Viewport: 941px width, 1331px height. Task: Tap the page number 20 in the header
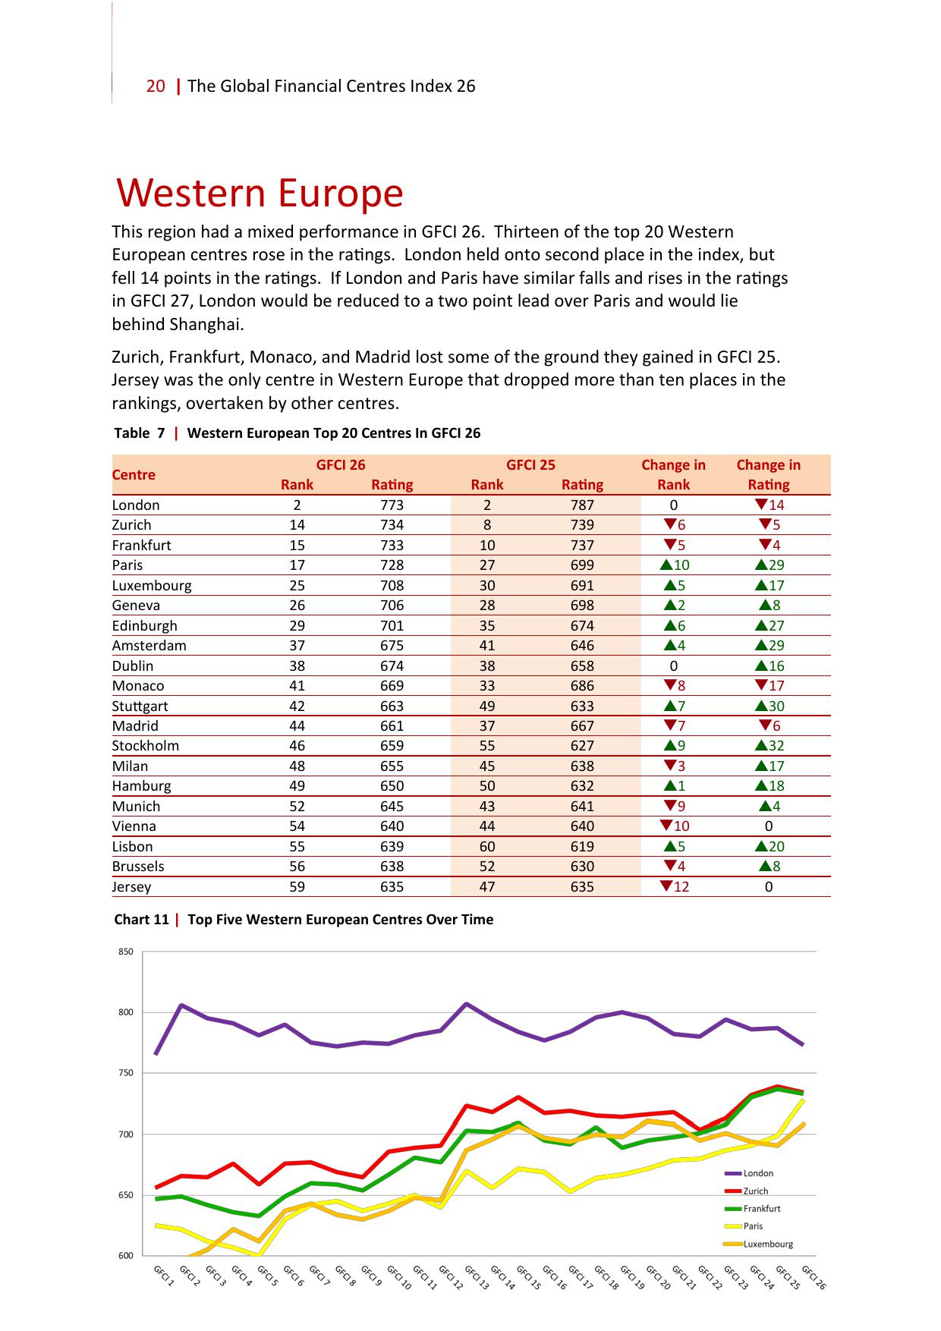tap(156, 87)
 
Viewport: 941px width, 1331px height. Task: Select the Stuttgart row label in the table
tap(140, 706)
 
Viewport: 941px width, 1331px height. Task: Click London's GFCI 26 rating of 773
tap(392, 505)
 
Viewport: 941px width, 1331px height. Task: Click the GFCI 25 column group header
tap(530, 465)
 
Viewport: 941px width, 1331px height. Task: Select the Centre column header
tap(134, 475)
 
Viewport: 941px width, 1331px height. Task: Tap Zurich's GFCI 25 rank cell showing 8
tap(487, 525)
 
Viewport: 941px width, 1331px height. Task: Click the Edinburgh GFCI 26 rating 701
tap(392, 626)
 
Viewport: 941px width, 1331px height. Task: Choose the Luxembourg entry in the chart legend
tap(767, 1244)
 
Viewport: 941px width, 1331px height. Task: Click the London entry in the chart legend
tap(757, 1173)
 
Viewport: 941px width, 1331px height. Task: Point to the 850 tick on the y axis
tap(126, 952)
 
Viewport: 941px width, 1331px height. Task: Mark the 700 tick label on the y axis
tap(126, 1134)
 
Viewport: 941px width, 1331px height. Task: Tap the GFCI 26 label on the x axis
tap(814, 1277)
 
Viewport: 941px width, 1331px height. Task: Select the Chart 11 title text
tap(304, 920)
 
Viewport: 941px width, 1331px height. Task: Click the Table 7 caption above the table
tap(297, 433)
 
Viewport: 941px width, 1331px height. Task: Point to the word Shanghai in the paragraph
tap(206, 325)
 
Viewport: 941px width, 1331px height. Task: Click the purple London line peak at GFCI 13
tap(467, 1004)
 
